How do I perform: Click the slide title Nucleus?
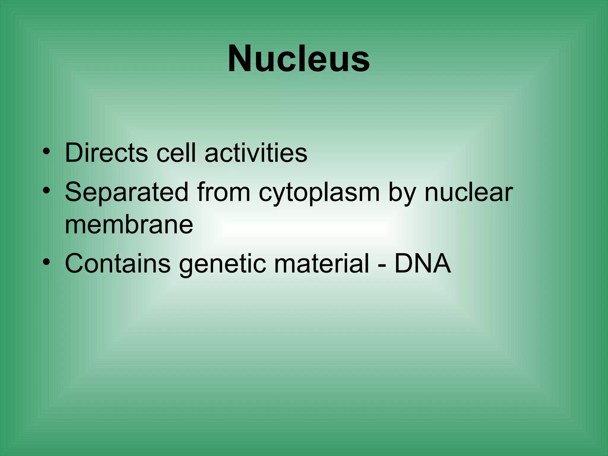tap(299, 58)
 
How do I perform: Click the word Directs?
tap(106, 153)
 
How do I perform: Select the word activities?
tap(256, 153)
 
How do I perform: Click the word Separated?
tap(126, 192)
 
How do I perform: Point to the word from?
tap(223, 192)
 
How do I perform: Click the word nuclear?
tap(469, 192)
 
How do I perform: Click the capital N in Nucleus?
tap(240, 58)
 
